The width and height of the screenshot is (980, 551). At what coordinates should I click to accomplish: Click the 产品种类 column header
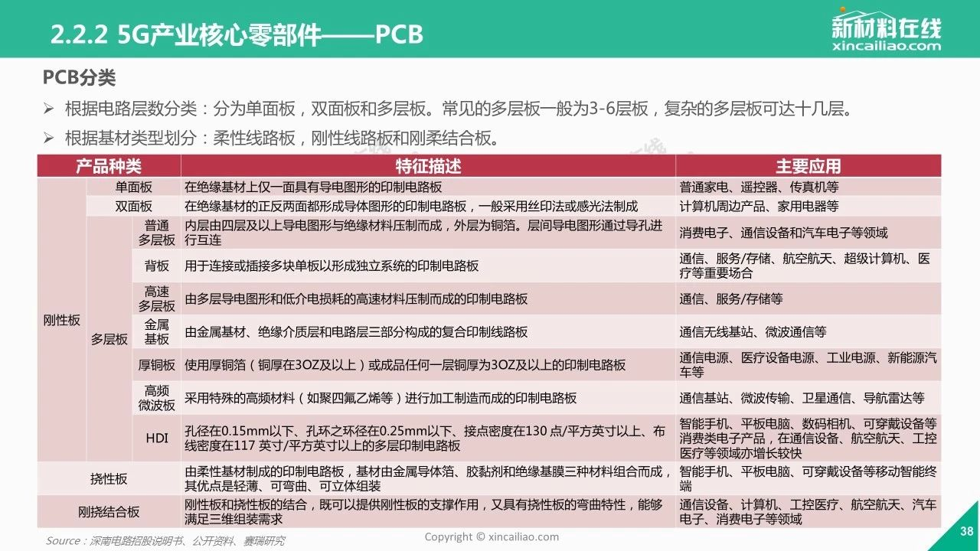coord(109,166)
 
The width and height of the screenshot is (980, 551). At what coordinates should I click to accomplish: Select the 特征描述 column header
coord(428,166)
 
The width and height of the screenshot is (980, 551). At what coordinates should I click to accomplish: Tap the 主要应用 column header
coord(808,166)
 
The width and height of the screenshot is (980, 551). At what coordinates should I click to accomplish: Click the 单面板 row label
coord(133,187)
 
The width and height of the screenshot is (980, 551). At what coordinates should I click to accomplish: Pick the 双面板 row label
coord(133,207)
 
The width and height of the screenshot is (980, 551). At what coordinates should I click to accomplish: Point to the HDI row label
coord(157,439)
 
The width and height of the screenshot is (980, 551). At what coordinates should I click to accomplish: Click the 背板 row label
coord(157,266)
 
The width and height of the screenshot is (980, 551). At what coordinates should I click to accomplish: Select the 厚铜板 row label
coord(157,365)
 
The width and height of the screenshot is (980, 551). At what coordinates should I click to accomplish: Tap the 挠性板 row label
coord(109,479)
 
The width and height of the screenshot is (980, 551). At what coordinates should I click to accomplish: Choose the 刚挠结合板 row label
coord(109,512)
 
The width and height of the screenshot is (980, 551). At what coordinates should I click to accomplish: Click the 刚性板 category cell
coord(62,321)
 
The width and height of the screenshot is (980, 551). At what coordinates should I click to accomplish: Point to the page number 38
coord(967,531)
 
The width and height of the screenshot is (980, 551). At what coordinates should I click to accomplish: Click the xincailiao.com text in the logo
coord(887,45)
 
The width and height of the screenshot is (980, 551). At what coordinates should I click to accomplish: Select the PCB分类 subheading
coord(79,78)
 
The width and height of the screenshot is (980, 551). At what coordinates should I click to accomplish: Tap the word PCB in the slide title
coord(399,34)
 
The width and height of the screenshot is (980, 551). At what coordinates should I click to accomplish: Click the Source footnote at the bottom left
coord(165,541)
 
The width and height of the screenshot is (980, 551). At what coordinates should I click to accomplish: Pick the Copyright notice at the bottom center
coord(492,536)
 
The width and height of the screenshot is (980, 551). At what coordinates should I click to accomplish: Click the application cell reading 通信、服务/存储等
coord(731,299)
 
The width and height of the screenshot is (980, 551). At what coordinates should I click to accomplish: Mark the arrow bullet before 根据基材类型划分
coord(48,139)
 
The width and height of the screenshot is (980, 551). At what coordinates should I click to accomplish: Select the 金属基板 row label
coord(157,332)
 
